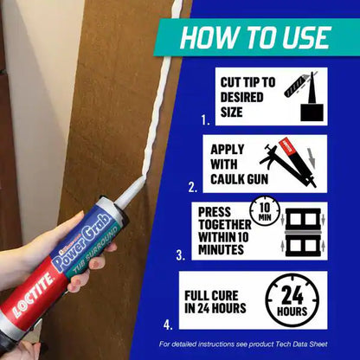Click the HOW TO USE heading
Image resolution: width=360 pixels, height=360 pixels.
pyautogui.click(x=254, y=37)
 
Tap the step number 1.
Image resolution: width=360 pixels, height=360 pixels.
pyautogui.click(x=204, y=120)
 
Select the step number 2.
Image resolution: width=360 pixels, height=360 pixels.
pyautogui.click(x=193, y=186)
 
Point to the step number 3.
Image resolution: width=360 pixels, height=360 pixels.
pyautogui.click(x=179, y=255)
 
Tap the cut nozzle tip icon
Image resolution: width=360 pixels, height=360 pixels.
pyautogui.click(x=304, y=97)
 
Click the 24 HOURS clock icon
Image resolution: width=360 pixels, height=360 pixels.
pyautogui.click(x=292, y=300)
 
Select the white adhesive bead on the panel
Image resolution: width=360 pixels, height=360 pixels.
pyautogui.click(x=164, y=104)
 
